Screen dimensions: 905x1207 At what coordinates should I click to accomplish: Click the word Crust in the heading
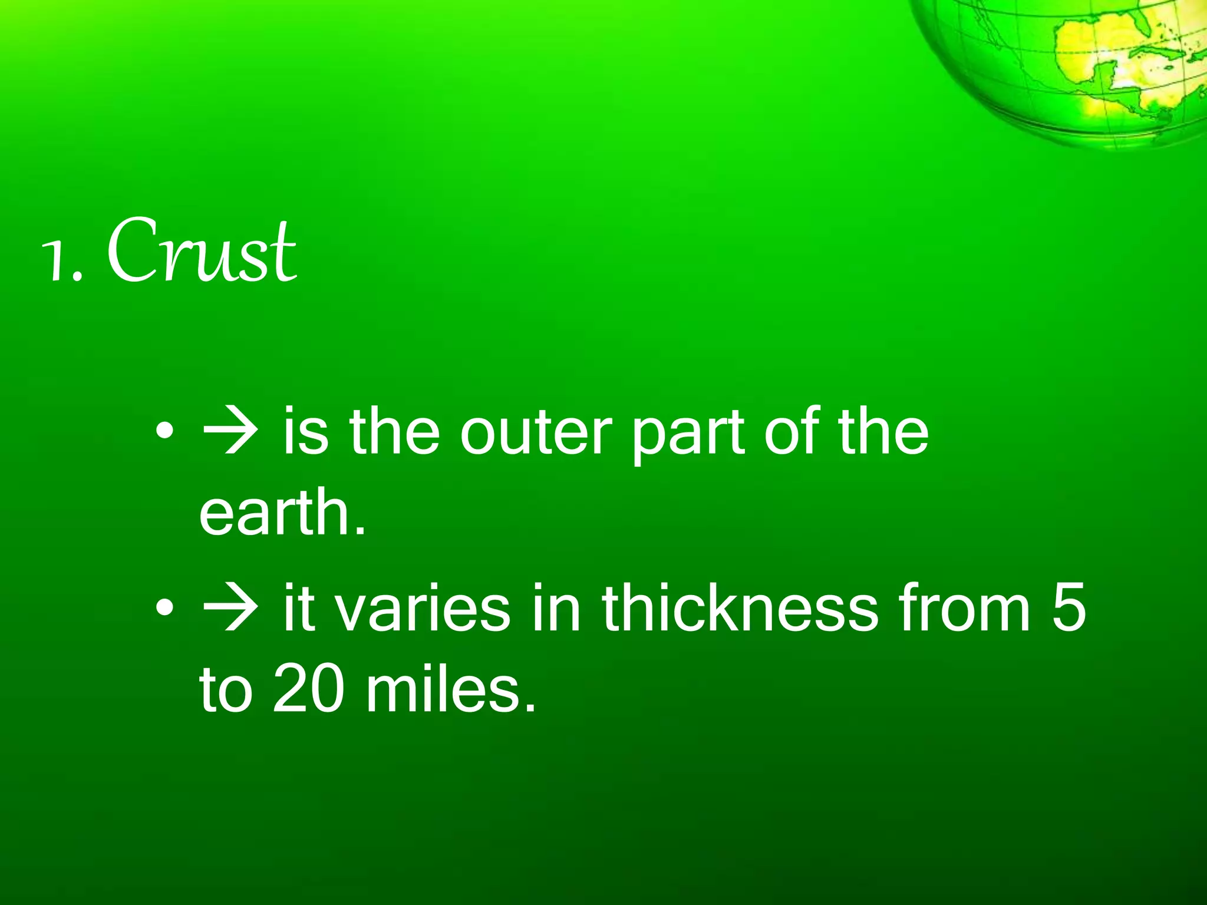coord(202,250)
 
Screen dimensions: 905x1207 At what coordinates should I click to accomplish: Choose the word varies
coord(423,607)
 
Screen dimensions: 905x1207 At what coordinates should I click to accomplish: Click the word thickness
coord(740,607)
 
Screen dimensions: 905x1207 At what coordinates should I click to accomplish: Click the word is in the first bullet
coord(305,432)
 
